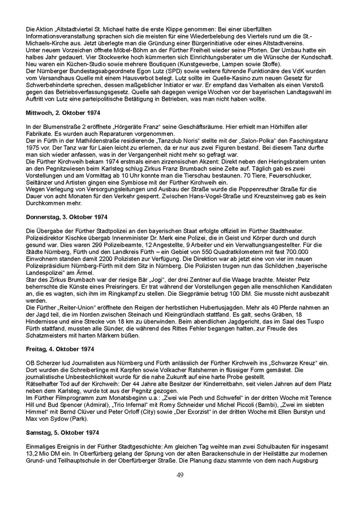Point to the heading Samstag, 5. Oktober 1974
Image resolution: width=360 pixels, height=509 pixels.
58,432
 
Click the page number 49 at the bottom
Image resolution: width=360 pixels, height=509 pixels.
180,474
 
